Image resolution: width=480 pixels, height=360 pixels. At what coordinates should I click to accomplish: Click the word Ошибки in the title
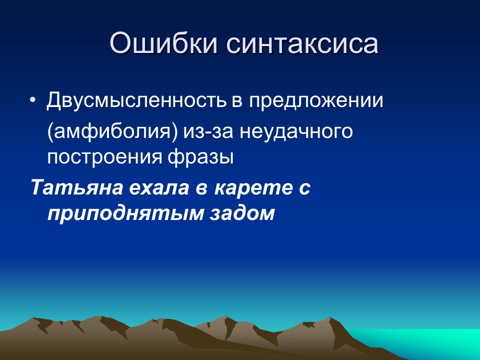tap(163, 43)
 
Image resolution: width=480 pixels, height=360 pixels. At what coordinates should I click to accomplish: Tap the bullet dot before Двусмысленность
tap(33, 100)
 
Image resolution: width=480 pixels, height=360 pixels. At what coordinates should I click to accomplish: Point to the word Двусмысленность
tap(136, 100)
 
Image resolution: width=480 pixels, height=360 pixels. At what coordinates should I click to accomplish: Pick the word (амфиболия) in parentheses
tap(112, 132)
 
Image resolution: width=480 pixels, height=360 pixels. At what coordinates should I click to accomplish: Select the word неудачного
tap(296, 132)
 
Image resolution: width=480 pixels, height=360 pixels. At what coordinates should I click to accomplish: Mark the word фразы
tap(200, 157)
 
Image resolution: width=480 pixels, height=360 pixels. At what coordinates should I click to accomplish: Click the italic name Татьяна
tap(76, 187)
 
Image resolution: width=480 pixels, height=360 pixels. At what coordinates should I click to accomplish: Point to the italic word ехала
tap(159, 187)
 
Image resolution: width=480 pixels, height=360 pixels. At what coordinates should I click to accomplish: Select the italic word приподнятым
tap(125, 214)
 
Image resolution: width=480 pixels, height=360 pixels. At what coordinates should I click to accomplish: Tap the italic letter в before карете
tap(201, 189)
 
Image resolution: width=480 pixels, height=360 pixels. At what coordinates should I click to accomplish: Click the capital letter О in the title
tap(121, 43)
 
